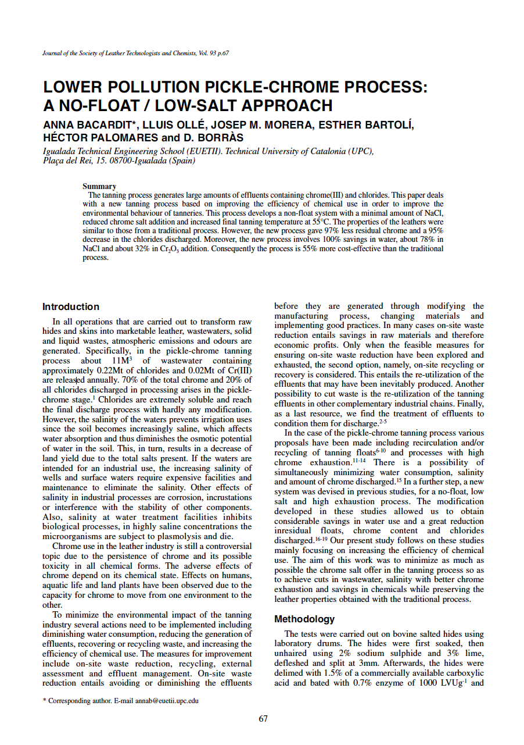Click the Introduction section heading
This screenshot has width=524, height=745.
coord(71,307)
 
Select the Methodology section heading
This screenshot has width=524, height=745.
coord(304,619)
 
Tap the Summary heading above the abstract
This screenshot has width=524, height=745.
coord(99,186)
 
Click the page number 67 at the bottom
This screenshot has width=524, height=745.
coord(263,719)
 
